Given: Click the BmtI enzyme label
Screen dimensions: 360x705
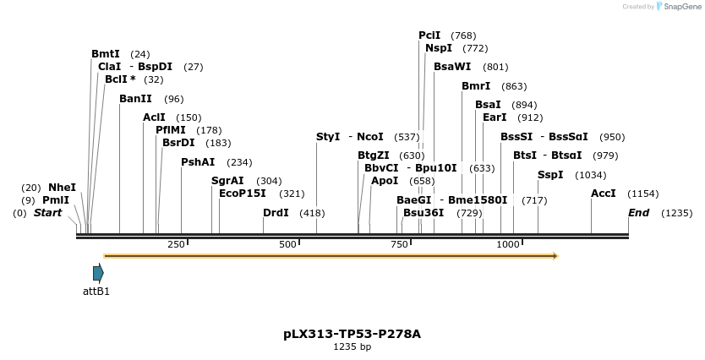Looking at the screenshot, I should coord(106,54).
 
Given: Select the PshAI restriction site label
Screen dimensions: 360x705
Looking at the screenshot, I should coord(198,162).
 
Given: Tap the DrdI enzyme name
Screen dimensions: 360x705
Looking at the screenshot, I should coord(276,213).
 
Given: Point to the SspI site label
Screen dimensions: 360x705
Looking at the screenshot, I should coord(550,175).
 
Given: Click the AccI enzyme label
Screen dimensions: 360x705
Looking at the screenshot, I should coord(604,194).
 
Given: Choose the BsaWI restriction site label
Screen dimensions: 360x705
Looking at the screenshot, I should coord(452,67).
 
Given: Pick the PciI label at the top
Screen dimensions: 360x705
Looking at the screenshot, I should coord(429,35).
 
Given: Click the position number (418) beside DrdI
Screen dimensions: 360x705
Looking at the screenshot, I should coord(312,213).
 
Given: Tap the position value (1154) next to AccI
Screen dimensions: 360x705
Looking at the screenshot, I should coord(642,194).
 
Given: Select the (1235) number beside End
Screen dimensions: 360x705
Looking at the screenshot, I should coord(676,213).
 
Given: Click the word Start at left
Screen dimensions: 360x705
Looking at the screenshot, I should coord(47,213).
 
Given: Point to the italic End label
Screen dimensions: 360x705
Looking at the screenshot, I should coord(638,213).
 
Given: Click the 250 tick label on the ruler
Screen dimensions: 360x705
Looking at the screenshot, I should coord(176,244).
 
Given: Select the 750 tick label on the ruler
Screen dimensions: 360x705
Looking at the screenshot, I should coord(399,244).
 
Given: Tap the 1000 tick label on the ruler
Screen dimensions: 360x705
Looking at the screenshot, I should coord(507,244).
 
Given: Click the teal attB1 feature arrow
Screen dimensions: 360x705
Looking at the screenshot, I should coord(98,272).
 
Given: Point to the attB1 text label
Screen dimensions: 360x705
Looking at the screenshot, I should coord(96,292).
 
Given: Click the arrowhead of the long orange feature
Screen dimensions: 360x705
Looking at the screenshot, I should coord(555,255).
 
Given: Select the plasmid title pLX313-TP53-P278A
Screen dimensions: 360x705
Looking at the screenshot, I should coord(352,334).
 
